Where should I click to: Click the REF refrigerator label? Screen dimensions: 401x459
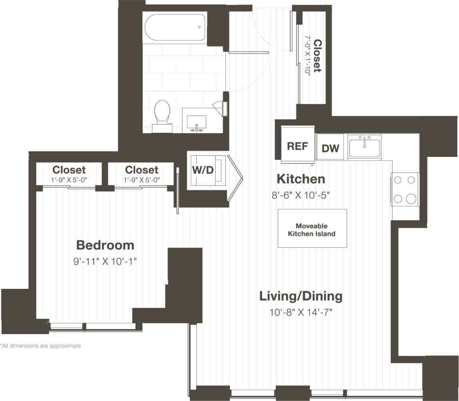tap(298, 146)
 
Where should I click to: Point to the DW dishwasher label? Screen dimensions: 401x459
tap(331, 149)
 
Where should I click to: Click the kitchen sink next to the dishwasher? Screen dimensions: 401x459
tap(365, 147)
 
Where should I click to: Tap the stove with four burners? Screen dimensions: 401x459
tap(405, 189)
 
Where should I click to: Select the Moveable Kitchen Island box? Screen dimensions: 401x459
tap(313, 228)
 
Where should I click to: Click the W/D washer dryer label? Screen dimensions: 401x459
tap(203, 170)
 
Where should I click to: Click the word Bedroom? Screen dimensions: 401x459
tap(105, 245)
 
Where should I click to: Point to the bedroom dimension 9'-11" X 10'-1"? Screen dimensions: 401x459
tap(105, 262)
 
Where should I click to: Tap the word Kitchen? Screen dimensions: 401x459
tap(301, 179)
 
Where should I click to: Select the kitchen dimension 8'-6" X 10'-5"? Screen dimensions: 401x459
tap(301, 195)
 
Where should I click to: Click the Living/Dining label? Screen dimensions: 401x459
tap(301, 296)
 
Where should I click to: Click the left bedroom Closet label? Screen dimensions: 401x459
tap(69, 170)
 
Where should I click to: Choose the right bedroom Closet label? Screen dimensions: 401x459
tap(141, 170)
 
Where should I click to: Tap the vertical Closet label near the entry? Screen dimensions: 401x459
tap(317, 56)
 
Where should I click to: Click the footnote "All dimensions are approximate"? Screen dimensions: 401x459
tap(41, 346)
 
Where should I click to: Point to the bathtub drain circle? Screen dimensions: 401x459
tap(199, 27)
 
